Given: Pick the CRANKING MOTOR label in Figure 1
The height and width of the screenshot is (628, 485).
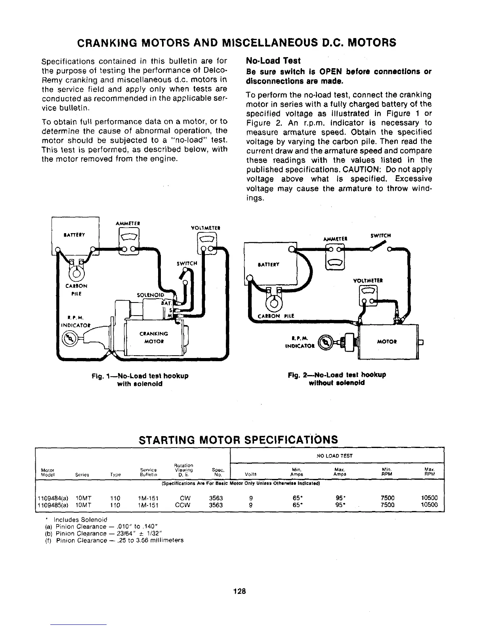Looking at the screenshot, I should coord(154,337).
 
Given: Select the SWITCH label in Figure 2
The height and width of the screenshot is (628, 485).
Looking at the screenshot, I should coord(381,235).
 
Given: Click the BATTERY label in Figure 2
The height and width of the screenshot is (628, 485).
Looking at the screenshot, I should coord(269,265).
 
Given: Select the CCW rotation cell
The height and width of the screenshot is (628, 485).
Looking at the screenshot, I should coord(183,505).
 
